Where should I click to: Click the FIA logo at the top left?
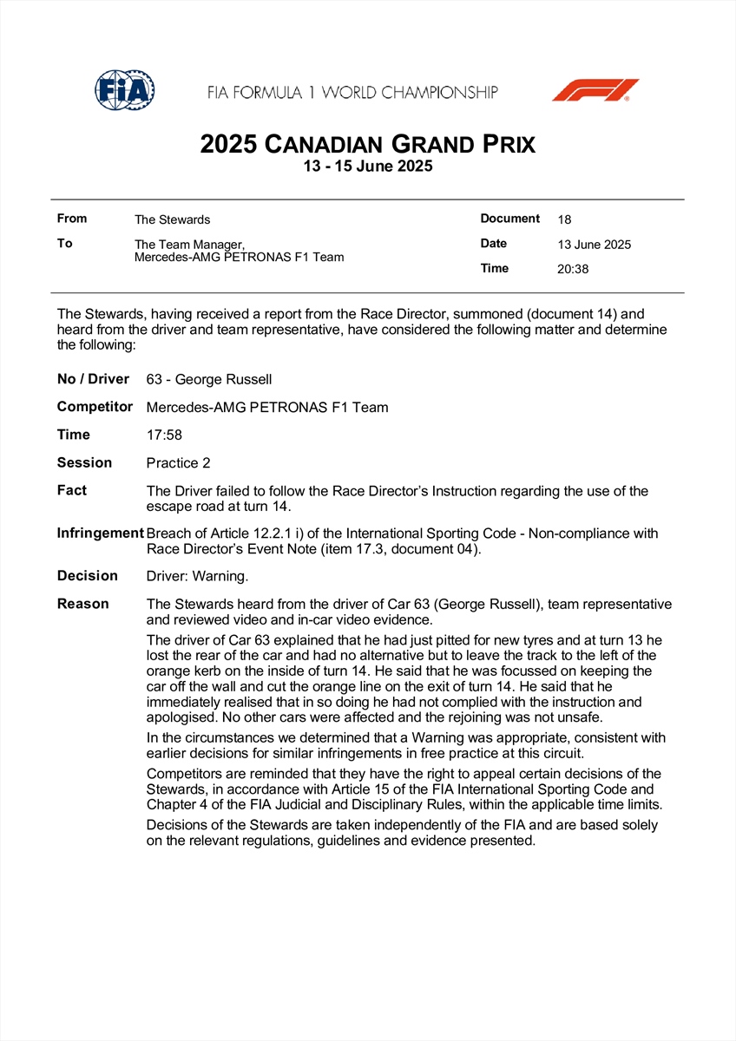click(x=125, y=90)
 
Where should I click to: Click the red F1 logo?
click(x=595, y=90)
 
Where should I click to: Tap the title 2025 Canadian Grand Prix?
click(x=367, y=143)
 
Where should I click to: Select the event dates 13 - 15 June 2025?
click(x=367, y=167)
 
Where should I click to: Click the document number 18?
click(x=564, y=219)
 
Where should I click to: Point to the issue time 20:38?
click(x=573, y=269)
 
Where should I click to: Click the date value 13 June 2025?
click(x=595, y=245)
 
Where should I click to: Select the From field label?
click(x=72, y=219)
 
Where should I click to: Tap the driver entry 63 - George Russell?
click(x=209, y=379)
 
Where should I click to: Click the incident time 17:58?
click(x=164, y=435)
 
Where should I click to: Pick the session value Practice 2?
click(x=178, y=463)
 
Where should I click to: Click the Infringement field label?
click(x=100, y=533)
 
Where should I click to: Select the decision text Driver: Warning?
click(x=197, y=576)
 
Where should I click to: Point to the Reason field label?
click(x=83, y=604)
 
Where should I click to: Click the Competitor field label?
click(x=95, y=406)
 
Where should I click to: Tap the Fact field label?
click(x=72, y=490)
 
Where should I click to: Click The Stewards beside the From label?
click(x=172, y=219)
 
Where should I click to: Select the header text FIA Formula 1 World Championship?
click(x=352, y=92)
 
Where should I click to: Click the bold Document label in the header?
click(x=510, y=219)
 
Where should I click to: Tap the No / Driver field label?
click(x=93, y=378)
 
